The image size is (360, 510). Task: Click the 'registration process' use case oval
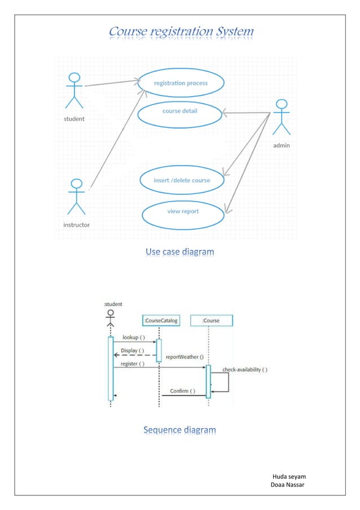click(x=181, y=83)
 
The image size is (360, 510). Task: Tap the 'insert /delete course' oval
click(x=182, y=181)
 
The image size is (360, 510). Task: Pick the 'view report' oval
click(x=183, y=212)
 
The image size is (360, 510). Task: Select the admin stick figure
click(x=281, y=117)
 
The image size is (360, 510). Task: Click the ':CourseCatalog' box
click(x=161, y=321)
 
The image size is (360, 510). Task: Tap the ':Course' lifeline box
click(x=211, y=321)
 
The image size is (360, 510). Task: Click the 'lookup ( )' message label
click(x=134, y=337)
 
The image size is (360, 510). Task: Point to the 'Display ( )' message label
click(x=133, y=351)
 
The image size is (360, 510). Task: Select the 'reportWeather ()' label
click(x=185, y=357)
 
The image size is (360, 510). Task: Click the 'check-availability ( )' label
click(x=245, y=370)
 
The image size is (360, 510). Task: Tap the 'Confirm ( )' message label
click(x=183, y=391)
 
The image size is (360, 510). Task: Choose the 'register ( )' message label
click(x=132, y=364)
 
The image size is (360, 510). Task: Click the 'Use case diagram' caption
click(x=179, y=251)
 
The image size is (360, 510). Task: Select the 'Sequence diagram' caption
click(x=179, y=430)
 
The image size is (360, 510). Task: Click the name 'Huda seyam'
click(x=288, y=477)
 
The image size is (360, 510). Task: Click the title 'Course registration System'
click(x=181, y=32)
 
